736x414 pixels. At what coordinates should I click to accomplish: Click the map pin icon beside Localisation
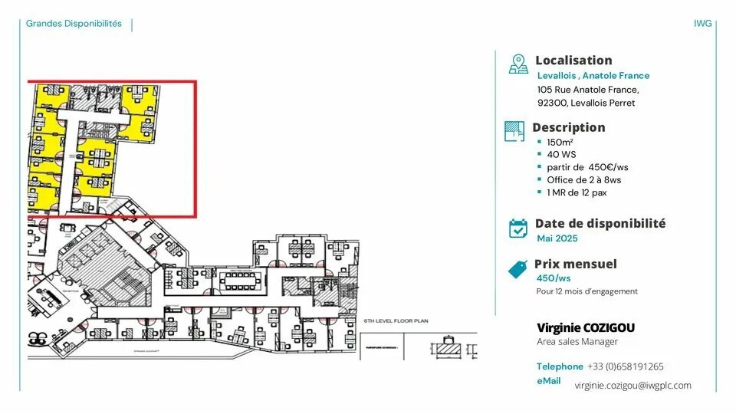519,64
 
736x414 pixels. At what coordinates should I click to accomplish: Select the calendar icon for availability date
519,228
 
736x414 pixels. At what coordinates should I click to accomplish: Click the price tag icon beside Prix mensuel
519,268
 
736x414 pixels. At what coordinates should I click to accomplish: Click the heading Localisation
573,60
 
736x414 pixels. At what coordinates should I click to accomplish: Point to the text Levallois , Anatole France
593,75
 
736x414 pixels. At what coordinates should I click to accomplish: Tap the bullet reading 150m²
560,143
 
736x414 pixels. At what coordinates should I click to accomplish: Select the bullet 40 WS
561,155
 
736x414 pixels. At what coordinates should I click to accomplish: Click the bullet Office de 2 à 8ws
583,179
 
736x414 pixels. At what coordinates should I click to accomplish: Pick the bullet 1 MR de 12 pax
577,192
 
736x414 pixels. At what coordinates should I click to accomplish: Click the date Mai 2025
557,238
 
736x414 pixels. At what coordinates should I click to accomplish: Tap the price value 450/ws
554,278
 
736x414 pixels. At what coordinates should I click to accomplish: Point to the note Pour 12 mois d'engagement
586,291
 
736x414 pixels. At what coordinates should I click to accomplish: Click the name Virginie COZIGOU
586,327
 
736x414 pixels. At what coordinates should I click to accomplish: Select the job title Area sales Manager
577,341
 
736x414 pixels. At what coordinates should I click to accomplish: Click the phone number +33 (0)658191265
626,366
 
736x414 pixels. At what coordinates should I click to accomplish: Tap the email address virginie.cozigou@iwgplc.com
632,386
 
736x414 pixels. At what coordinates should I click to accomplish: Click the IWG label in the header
702,23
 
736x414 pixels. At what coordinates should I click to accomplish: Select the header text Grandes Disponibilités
74,23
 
